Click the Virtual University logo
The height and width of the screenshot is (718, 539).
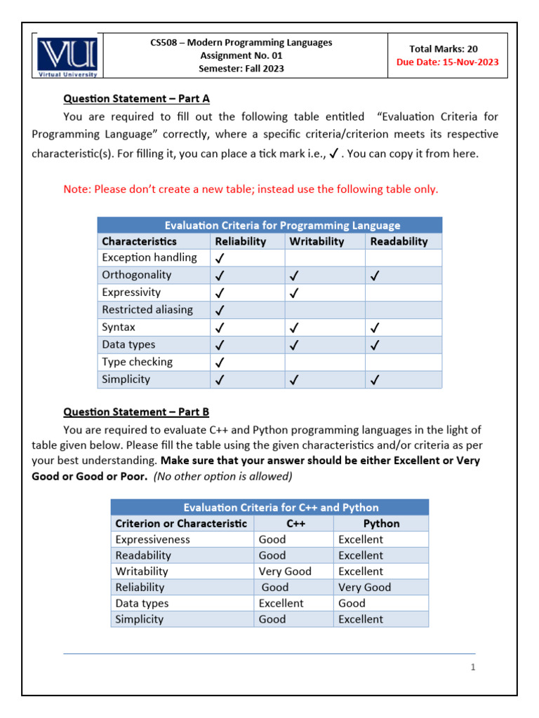pos(68,56)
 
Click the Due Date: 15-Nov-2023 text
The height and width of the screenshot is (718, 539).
pos(448,62)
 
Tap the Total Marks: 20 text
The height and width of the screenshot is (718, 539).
pos(448,48)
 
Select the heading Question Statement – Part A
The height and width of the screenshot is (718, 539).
pos(136,99)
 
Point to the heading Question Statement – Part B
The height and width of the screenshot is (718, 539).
pos(136,412)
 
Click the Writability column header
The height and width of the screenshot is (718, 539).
pos(317,241)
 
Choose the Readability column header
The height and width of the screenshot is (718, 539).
pos(399,241)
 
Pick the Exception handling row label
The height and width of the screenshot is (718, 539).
pos(149,257)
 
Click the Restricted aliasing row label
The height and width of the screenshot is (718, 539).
pos(147,310)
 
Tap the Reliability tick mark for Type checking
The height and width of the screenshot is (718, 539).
pos(220,363)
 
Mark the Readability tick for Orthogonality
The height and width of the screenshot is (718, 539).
pos(375,276)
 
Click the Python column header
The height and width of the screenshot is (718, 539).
pos(381,524)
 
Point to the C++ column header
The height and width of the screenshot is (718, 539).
pos(295,524)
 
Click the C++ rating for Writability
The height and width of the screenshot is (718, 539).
pos(285,571)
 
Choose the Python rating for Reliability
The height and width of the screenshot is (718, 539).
pos(364,588)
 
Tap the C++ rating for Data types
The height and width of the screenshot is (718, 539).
pos(281,603)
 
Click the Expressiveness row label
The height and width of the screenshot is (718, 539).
pos(152,540)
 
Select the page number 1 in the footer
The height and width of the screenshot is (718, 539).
pos(474,668)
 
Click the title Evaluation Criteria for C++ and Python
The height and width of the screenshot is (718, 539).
pos(281,508)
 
